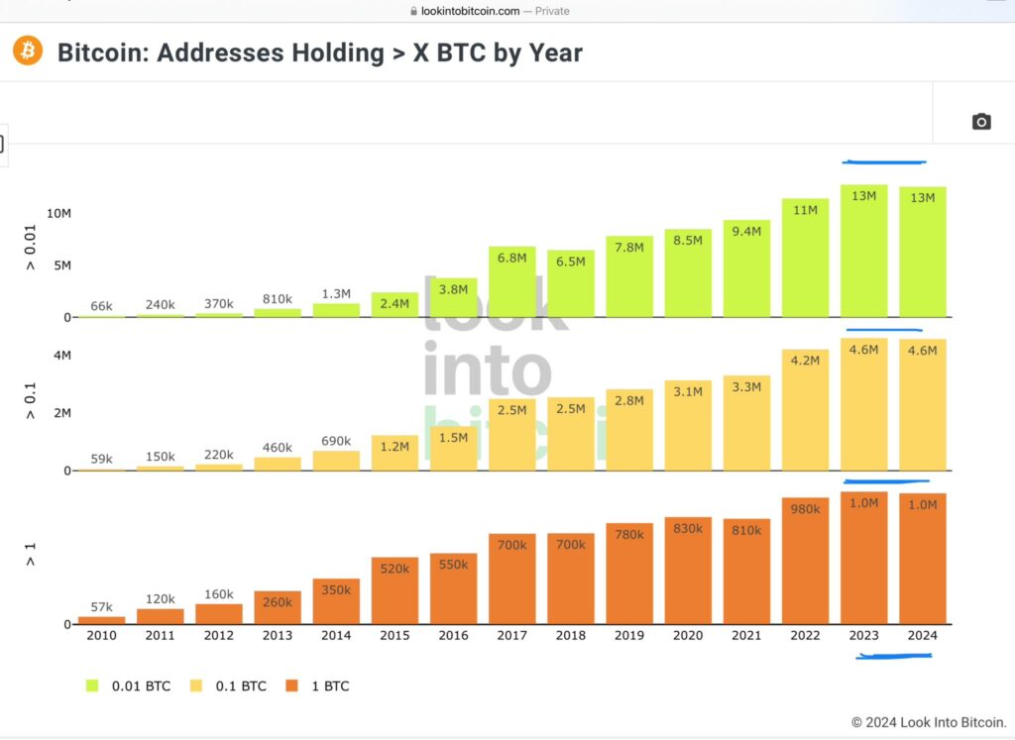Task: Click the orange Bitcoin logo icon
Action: click(x=27, y=51)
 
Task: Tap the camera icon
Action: click(x=981, y=122)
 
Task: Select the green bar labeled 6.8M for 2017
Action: click(x=511, y=281)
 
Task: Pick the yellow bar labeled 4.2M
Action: click(x=805, y=409)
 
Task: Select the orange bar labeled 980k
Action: click(x=805, y=561)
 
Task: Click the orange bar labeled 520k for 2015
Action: click(x=395, y=590)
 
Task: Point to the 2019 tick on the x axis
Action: click(x=629, y=635)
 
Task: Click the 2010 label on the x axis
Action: click(x=102, y=635)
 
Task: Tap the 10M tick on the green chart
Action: click(x=57, y=213)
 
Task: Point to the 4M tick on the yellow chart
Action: click(x=60, y=356)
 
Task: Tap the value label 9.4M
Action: click(x=746, y=231)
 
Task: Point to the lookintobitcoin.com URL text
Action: click(x=464, y=10)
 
